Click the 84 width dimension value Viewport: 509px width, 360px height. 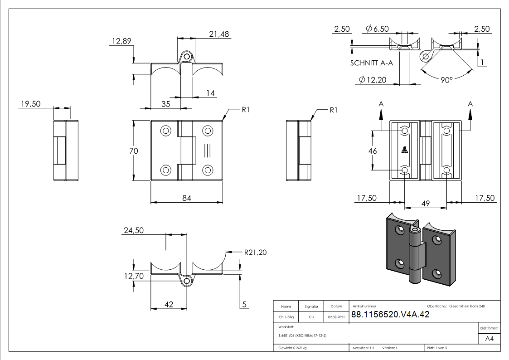coord(187,197)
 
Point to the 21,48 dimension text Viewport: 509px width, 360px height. coord(219,34)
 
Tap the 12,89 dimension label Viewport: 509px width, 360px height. coord(121,41)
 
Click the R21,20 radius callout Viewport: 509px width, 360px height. coord(255,252)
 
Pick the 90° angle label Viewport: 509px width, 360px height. coord(446,80)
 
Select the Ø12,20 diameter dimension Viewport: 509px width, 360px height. coord(372,80)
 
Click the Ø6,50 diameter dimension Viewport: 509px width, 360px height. coord(377,29)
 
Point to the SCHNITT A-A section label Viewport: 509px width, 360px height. coord(371,63)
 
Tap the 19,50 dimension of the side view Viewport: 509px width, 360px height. coord(30,104)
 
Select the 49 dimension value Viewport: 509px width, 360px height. coord(426,204)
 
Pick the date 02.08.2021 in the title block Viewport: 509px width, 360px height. coord(336,317)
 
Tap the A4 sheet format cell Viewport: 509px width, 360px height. coord(490,339)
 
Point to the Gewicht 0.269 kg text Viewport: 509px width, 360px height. coord(292,348)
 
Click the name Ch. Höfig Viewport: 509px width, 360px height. coord(286,317)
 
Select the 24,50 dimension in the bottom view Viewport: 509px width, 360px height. coord(133,230)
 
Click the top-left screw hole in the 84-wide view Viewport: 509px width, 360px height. coord(165,131)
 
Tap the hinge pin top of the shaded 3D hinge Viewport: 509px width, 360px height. coord(415,230)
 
